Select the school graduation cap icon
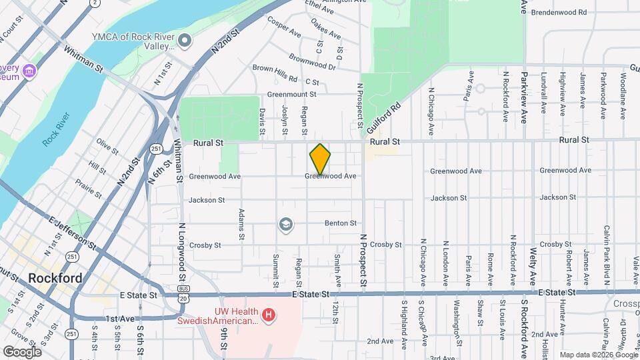[x=285, y=225]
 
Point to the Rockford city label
[x=55, y=278]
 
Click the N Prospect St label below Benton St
[x=364, y=261]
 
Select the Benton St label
[x=341, y=223]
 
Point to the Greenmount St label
[x=291, y=95]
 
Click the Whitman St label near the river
[x=83, y=58]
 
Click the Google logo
[x=22, y=352]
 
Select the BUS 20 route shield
[x=184, y=292]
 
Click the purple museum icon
[x=29, y=71]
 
